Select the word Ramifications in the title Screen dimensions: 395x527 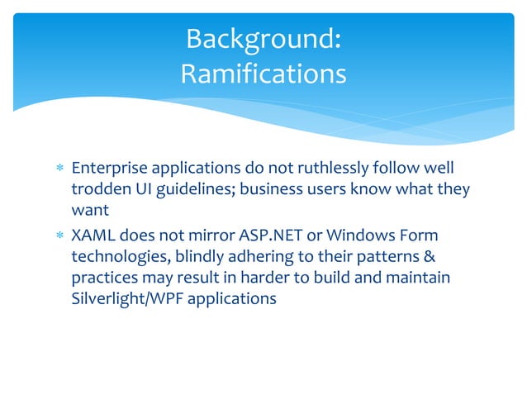coord(263,74)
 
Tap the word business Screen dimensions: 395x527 coord(276,190)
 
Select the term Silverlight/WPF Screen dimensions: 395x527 coord(126,299)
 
